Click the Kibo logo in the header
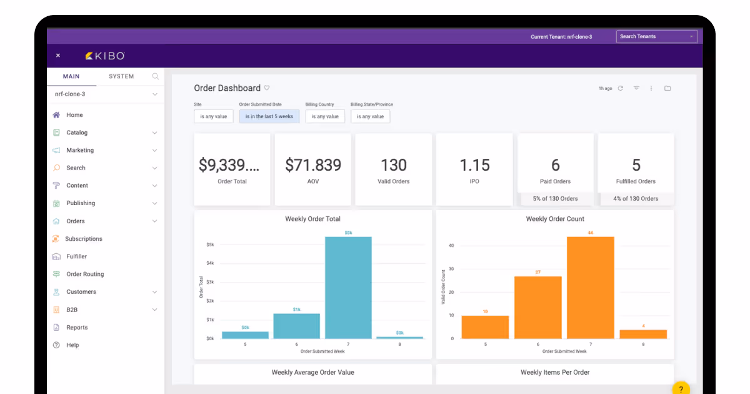click(x=105, y=56)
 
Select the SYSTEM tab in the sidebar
click(x=121, y=76)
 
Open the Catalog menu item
click(x=77, y=133)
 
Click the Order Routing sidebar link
click(x=85, y=274)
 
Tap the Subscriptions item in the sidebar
click(x=83, y=239)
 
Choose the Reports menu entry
click(x=77, y=327)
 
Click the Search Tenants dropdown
click(x=656, y=36)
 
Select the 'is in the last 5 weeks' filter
click(x=269, y=116)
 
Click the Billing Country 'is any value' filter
click(x=325, y=116)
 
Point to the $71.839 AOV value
click(x=313, y=165)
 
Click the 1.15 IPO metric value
click(x=474, y=165)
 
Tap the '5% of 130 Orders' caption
click(x=555, y=199)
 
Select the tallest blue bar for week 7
click(x=348, y=288)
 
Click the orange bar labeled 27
click(x=537, y=306)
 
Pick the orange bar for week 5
click(x=485, y=326)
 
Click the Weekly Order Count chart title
click(x=555, y=219)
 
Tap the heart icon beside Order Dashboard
click(x=267, y=88)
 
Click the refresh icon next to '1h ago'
click(x=620, y=88)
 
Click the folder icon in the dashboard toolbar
click(x=667, y=88)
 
